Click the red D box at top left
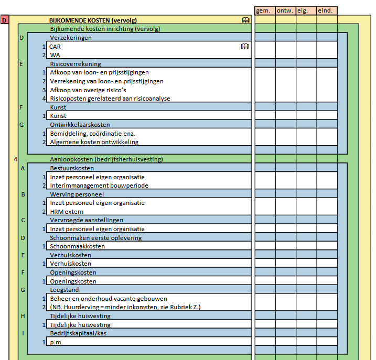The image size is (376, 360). coord(5,20)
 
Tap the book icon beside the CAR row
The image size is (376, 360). coord(244,47)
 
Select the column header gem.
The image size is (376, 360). coord(264,10)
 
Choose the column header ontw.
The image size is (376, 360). coord(285,10)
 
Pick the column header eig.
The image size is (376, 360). coord(306,10)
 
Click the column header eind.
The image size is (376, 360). coord(326,10)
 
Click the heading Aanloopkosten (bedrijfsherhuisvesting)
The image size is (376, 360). coord(106,159)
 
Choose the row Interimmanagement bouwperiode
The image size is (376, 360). coord(99,186)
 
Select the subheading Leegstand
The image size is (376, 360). coord(65,290)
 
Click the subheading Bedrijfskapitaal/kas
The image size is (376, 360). coord(80,333)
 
